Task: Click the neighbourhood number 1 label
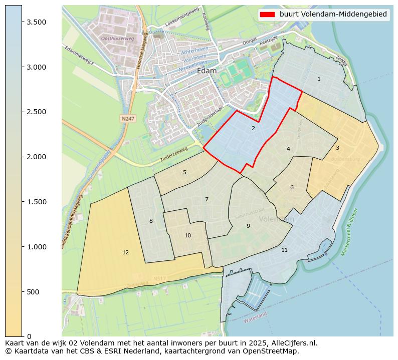click(x=319, y=79)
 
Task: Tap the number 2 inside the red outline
click(x=253, y=129)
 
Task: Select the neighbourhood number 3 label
click(x=337, y=148)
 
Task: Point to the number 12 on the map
click(x=125, y=253)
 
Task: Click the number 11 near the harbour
click(x=284, y=250)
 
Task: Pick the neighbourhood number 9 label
click(x=248, y=226)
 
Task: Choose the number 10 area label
click(x=187, y=235)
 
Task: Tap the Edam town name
click(x=207, y=71)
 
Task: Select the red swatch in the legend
click(x=268, y=14)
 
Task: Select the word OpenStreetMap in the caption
click(x=275, y=351)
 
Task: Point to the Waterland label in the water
click(x=255, y=317)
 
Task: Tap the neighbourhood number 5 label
click(x=184, y=173)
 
